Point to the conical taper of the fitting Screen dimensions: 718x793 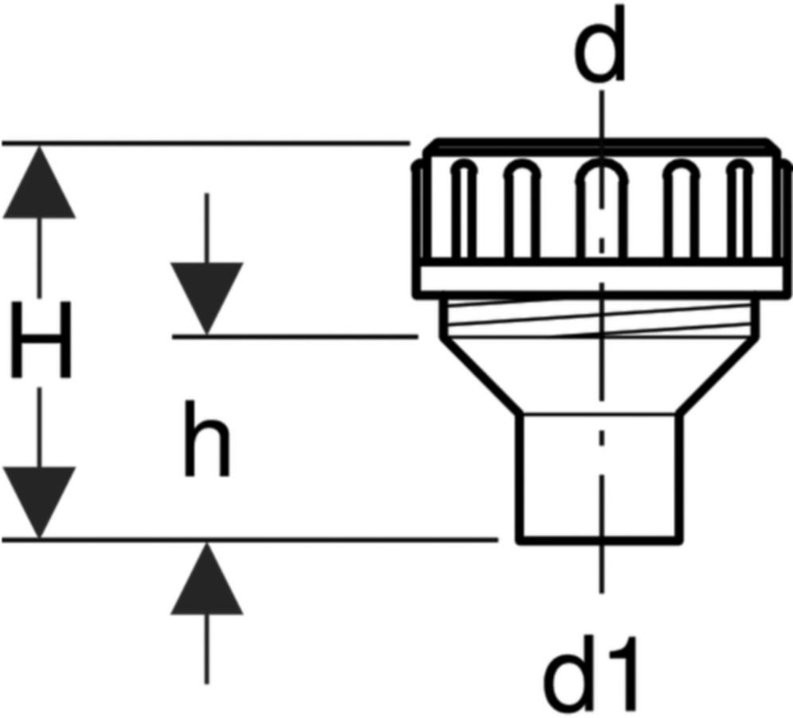coord(599,375)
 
